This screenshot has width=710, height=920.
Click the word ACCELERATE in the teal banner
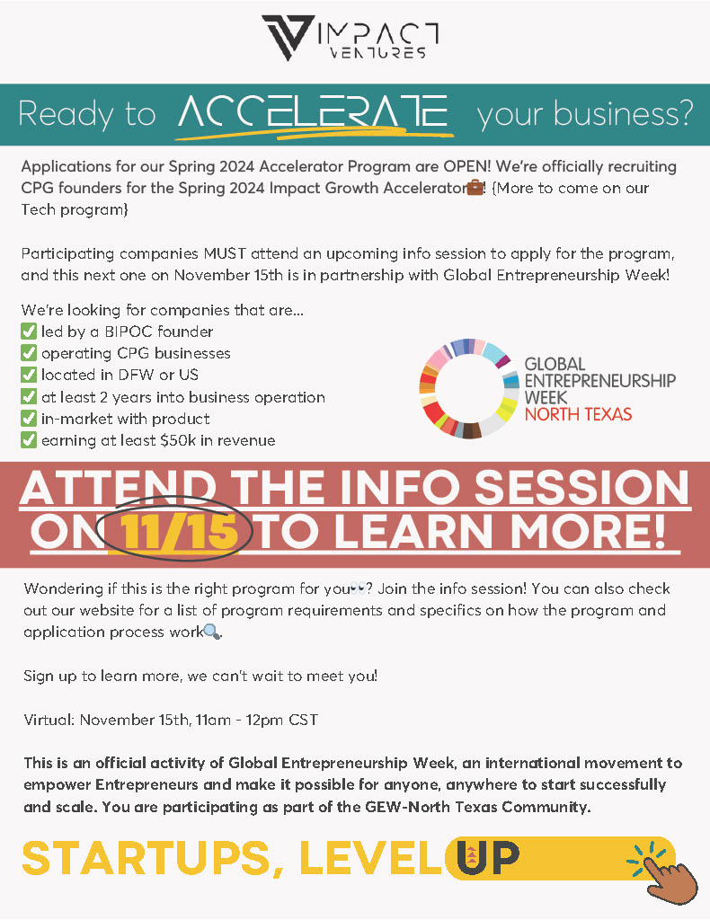pos(313,112)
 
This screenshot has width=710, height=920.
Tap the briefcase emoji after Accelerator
pos(475,188)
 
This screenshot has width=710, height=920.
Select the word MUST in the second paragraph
pos(225,253)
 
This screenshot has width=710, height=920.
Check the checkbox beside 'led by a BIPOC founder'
pos(29,331)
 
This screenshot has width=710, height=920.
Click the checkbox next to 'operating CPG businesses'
pos(29,352)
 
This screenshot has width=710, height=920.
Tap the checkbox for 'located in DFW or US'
pos(29,375)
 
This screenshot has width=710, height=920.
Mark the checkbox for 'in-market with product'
pos(29,419)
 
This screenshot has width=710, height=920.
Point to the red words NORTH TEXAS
pos(578,414)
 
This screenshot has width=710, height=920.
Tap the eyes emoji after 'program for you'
pos(358,588)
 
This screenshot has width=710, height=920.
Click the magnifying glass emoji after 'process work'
pos(212,632)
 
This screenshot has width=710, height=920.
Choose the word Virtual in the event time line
pos(49,720)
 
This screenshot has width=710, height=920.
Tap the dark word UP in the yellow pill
pos(488,857)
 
